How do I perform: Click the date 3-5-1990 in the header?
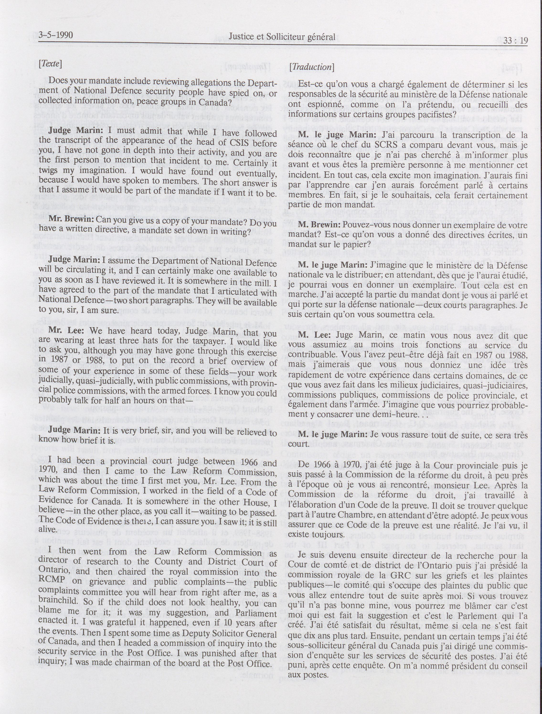tap(56, 35)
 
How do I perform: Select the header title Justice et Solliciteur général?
tap(282, 37)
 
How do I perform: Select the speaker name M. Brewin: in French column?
tap(319, 225)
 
